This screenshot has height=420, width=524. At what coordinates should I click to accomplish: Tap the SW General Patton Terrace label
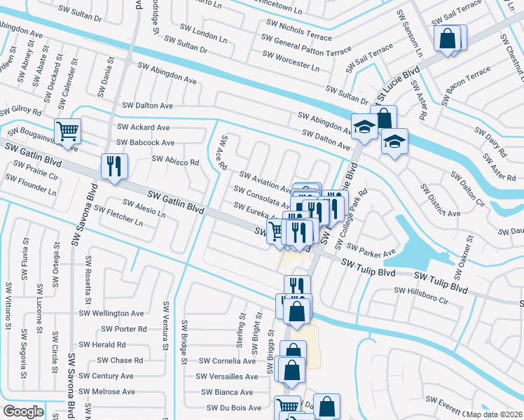[308, 43]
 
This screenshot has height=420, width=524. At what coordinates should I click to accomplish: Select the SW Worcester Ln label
[291, 61]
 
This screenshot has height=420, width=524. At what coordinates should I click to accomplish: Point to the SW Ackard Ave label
[144, 127]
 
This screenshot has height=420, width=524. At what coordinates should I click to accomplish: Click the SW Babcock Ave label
[146, 143]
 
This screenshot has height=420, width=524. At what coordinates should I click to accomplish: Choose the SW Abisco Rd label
[176, 161]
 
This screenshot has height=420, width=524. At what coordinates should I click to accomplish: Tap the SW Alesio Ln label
[145, 209]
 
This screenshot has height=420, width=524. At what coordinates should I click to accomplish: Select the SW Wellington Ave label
[112, 314]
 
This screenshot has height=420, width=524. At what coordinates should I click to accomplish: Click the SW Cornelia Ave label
[228, 361]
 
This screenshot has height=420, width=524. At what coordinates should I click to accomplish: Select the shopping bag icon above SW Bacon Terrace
[448, 38]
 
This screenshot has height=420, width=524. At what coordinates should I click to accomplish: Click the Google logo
[23, 412]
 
